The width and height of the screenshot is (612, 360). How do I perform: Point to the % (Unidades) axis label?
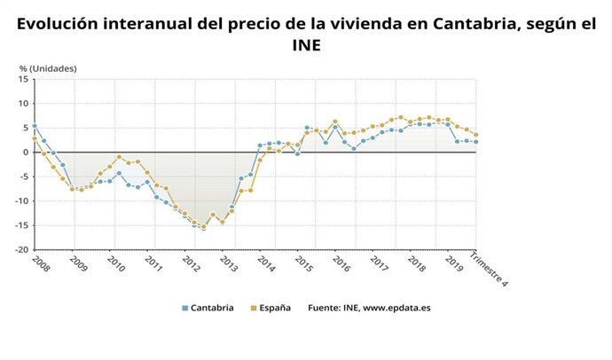click(x=48, y=68)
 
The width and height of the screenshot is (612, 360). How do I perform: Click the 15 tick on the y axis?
click(x=25, y=79)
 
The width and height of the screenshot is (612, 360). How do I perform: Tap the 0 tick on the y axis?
click(x=27, y=153)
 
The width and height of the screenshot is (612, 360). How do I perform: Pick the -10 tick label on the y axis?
click(x=22, y=201)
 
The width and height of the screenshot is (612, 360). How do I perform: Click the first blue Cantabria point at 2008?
click(x=35, y=126)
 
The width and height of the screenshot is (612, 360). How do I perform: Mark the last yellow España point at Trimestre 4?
click(x=476, y=135)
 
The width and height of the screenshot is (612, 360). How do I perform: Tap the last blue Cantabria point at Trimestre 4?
click(x=476, y=142)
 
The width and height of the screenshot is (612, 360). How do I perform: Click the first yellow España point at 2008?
click(x=35, y=138)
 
